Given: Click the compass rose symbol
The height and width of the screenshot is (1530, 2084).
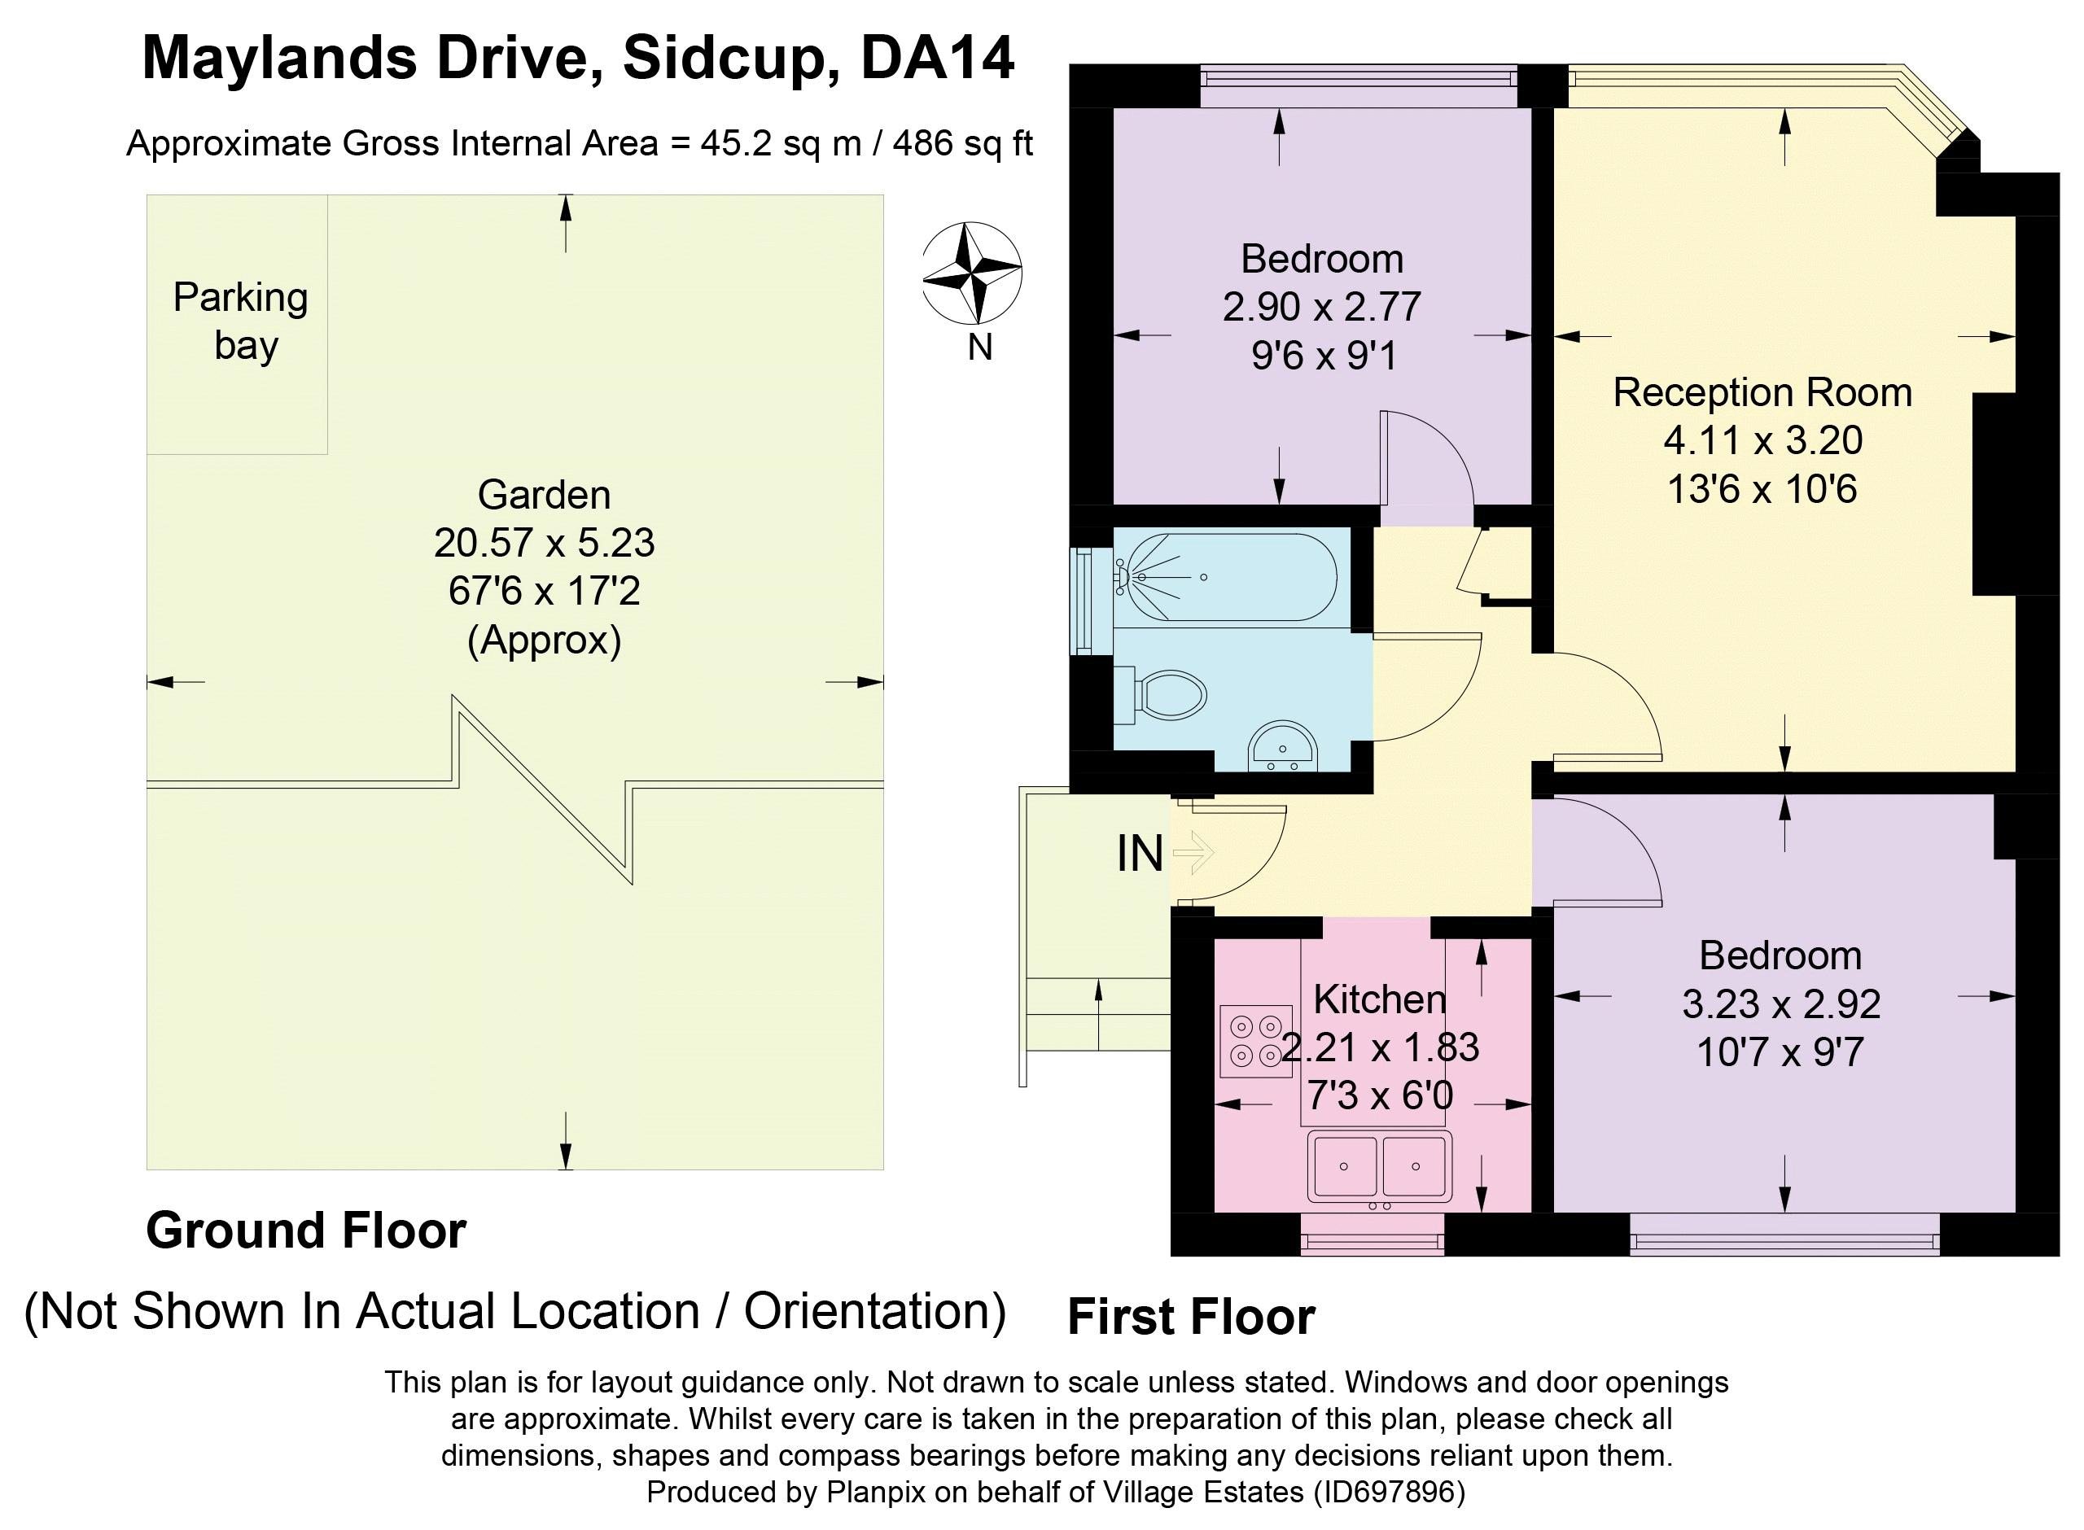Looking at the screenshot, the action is click(x=972, y=273).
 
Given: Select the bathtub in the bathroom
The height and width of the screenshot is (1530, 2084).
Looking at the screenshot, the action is click(x=1224, y=577).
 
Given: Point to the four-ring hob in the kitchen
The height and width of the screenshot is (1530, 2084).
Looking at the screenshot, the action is click(x=1256, y=1041).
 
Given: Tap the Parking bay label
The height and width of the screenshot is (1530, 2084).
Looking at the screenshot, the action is click(x=241, y=321).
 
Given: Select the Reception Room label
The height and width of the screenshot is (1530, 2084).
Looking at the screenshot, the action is click(x=1762, y=393).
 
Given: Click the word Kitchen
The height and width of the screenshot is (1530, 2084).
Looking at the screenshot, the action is click(x=1379, y=999).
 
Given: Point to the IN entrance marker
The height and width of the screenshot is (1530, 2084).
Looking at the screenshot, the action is click(x=1139, y=853).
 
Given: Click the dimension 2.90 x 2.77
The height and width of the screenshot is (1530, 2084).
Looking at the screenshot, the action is click(x=1322, y=307).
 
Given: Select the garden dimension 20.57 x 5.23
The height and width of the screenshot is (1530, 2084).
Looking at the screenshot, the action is click(x=544, y=543).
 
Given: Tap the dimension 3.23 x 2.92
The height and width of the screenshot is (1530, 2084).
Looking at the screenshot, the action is click(x=1781, y=1004).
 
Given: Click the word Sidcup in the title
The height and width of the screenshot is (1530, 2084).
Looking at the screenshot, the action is click(x=724, y=59).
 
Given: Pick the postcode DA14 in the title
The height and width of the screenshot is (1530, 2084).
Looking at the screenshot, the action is click(x=937, y=59).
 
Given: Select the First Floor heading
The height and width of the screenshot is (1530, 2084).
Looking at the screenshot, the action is click(x=1191, y=1317).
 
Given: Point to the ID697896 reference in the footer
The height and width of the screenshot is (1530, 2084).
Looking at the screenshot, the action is click(x=1386, y=1492).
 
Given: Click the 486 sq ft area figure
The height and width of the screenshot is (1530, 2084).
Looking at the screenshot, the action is click(x=962, y=143).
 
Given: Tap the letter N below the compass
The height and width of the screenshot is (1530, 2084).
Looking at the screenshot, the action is click(x=980, y=348).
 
